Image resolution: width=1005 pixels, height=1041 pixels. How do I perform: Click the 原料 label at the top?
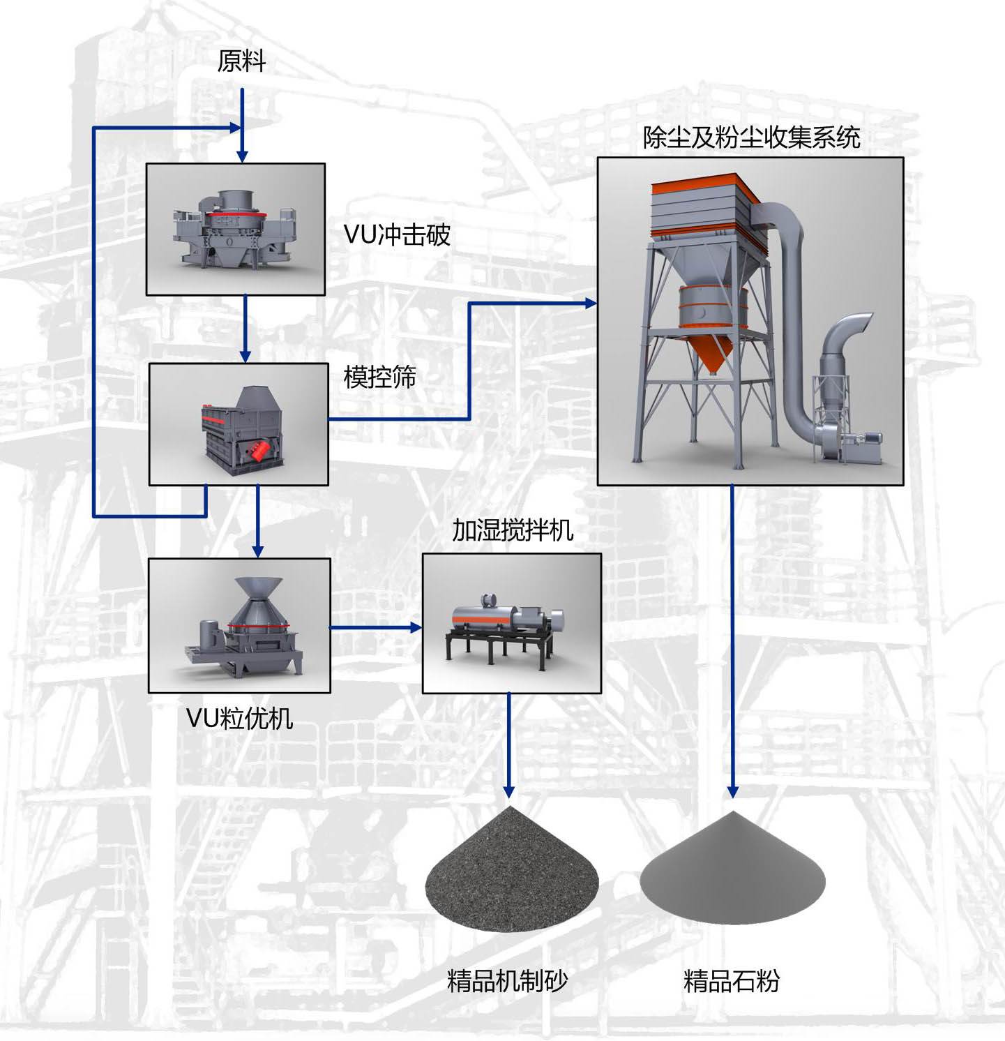pos(241,61)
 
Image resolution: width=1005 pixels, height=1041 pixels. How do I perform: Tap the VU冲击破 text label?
pos(397,234)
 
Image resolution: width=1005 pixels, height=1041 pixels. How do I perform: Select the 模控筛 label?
pos(379,377)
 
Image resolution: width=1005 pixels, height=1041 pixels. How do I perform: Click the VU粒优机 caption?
pos(239,717)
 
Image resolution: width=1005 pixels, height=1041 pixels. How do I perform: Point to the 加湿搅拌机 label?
pos(513,530)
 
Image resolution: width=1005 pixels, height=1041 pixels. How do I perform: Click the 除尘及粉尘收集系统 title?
pos(751,137)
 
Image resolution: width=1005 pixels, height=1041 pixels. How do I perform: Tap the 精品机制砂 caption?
pos(507,981)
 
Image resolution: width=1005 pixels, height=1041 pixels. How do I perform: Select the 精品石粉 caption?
pos(732,981)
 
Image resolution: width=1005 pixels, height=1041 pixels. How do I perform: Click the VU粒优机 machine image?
pos(244,628)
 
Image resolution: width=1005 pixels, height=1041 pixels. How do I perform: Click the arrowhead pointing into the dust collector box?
pos(591,304)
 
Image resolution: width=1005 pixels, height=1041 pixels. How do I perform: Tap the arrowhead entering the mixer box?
pos(416,627)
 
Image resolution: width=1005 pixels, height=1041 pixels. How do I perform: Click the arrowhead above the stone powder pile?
pos(732,792)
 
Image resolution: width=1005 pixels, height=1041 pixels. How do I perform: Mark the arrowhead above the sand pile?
pos(509,792)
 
